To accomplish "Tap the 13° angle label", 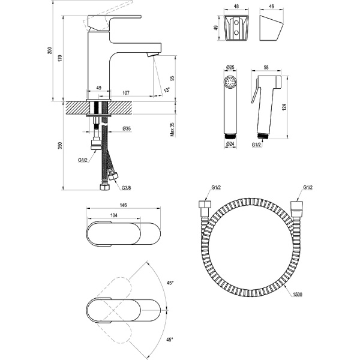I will pos(166,90).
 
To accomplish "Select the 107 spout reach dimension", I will pos(127,92).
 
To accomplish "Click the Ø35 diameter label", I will pos(127,128).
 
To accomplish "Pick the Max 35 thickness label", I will pos(172,130).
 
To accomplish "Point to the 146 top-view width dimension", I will pos(123,205).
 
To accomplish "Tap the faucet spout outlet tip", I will pos(151,56).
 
